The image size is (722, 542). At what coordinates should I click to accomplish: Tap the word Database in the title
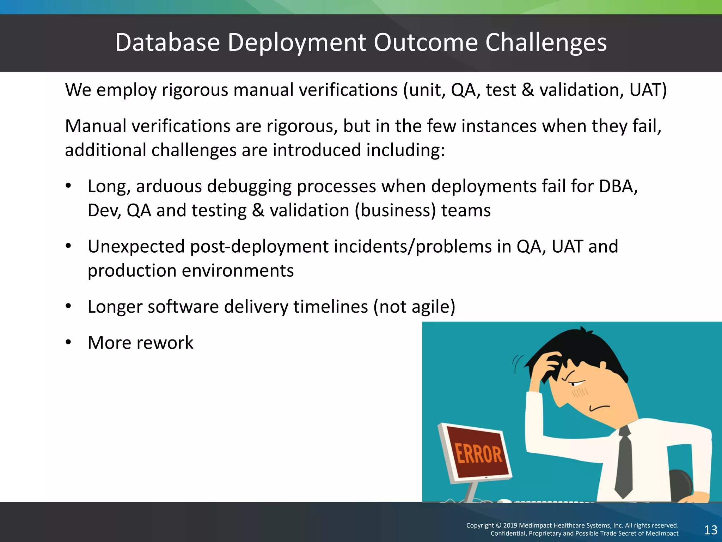click(x=167, y=43)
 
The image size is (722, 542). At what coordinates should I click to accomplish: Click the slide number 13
click(x=710, y=530)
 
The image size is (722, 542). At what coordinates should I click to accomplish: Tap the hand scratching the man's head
click(x=550, y=367)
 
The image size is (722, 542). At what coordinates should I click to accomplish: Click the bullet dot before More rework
click(x=68, y=342)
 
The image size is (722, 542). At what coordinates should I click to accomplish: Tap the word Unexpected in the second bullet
click(x=136, y=247)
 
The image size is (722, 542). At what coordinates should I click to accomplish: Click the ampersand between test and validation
click(x=527, y=90)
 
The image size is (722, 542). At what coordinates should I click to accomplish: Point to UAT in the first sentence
click(x=647, y=90)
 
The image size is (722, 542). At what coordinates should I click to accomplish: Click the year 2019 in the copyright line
click(x=510, y=525)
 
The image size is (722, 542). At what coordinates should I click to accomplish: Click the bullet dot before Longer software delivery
click(x=68, y=306)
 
